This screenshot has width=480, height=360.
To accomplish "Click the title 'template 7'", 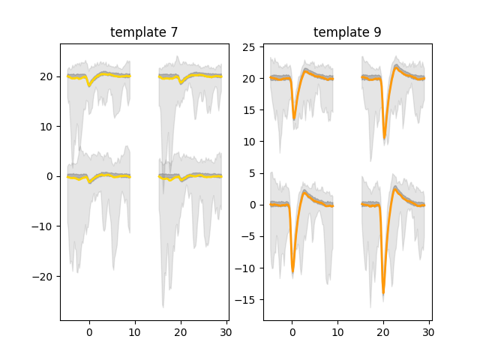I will click(x=144, y=32).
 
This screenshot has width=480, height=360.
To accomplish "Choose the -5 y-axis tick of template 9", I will click(x=252, y=236).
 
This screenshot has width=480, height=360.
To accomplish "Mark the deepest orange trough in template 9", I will click(x=383, y=293).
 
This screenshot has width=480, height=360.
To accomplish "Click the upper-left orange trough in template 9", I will click(x=294, y=118).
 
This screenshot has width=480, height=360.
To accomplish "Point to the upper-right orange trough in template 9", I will click(x=384, y=138).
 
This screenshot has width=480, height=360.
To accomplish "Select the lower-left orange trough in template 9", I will click(x=293, y=271).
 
